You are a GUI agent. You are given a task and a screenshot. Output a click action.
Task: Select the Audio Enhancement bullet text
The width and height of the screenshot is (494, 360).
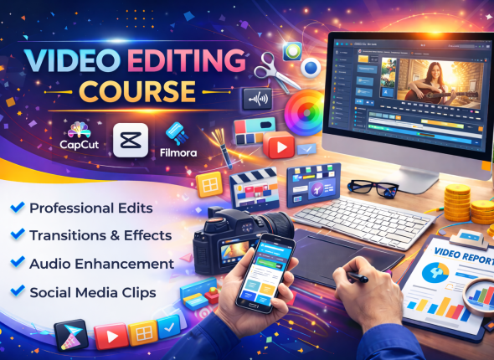101,264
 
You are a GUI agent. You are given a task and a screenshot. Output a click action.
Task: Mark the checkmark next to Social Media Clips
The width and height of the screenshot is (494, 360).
18,292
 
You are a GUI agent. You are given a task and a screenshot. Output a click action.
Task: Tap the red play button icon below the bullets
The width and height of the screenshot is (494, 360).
111,337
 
